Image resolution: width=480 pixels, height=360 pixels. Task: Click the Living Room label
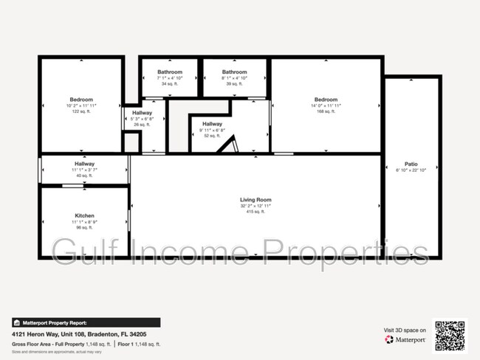256,200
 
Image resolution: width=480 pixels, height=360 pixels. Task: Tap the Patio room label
411,164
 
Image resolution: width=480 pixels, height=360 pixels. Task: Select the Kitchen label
84,215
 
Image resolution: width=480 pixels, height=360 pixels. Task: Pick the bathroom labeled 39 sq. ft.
234,84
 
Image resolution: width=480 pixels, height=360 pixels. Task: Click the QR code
450,335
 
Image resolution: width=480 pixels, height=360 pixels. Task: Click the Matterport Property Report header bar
85,322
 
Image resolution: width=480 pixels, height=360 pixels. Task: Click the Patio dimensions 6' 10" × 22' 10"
411,170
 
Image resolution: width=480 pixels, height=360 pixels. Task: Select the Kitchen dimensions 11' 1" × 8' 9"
84,222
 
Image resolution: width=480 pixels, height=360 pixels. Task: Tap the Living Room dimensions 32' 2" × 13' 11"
256,206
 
